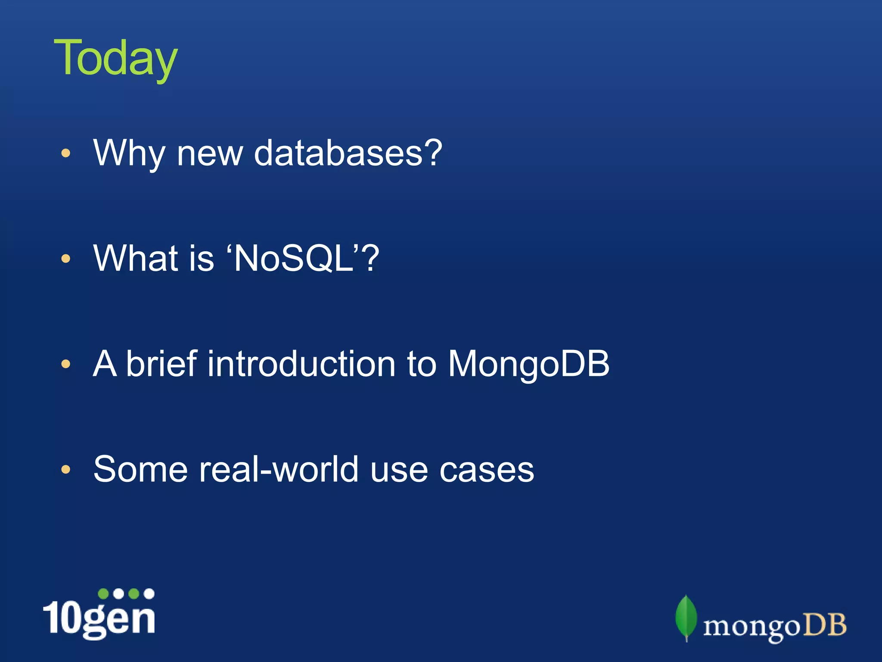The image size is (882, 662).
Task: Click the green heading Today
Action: tap(115, 58)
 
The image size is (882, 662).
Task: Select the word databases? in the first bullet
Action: tap(348, 153)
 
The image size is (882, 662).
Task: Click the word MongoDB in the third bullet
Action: tap(528, 364)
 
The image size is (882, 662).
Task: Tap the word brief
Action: tap(161, 364)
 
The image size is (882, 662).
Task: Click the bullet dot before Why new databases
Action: tap(65, 153)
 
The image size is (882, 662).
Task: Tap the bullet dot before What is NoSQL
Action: tap(65, 259)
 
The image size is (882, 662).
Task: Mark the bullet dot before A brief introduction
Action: tap(65, 364)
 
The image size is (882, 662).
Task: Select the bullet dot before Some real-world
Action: tap(65, 469)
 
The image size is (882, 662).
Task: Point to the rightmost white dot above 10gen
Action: tap(149, 593)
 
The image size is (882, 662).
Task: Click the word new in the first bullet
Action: tap(210, 153)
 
